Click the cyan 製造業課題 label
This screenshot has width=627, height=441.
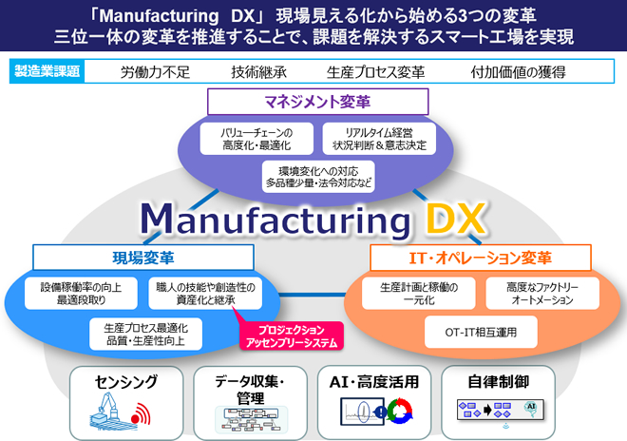47,71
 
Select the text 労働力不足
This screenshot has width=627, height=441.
155,72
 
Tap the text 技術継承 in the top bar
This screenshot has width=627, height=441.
258,72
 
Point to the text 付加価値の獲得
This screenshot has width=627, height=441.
518,72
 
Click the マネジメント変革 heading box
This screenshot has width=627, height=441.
318,102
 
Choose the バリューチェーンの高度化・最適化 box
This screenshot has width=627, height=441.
256,139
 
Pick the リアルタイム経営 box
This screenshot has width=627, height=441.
379,139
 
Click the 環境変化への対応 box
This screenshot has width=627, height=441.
318,177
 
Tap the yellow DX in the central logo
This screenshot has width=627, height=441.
455,219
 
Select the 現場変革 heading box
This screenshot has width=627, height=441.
143,258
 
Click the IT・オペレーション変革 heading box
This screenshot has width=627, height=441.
481,258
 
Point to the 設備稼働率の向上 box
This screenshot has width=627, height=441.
81,294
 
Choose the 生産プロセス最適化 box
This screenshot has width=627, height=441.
145,335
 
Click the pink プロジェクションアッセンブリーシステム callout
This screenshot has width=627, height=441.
292,336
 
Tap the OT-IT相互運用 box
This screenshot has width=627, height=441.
481,332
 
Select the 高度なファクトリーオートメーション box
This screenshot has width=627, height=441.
542,294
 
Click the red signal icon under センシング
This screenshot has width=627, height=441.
141,414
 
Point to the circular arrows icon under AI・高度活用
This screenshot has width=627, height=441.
399,411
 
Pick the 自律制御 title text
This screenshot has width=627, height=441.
498,381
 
